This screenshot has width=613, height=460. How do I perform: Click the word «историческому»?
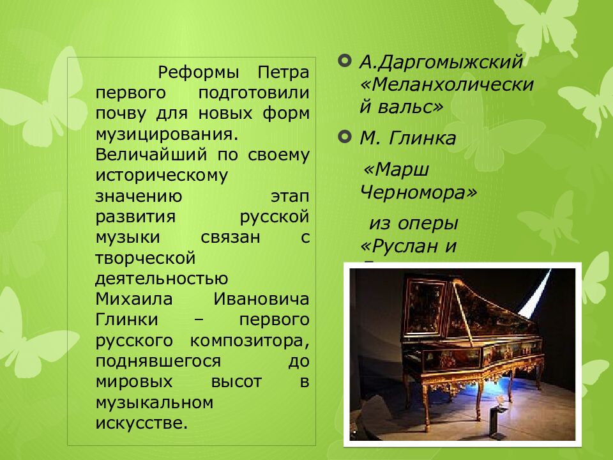click(x=161, y=176)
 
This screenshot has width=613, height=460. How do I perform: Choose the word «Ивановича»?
click(x=261, y=299)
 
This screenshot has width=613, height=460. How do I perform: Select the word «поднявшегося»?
click(x=158, y=361)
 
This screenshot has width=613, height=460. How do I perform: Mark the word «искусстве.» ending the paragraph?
click(x=142, y=423)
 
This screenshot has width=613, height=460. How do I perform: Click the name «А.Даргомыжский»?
click(x=441, y=63)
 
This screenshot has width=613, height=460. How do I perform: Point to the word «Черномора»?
click(x=418, y=192)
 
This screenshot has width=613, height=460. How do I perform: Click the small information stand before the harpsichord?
click(x=495, y=418)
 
